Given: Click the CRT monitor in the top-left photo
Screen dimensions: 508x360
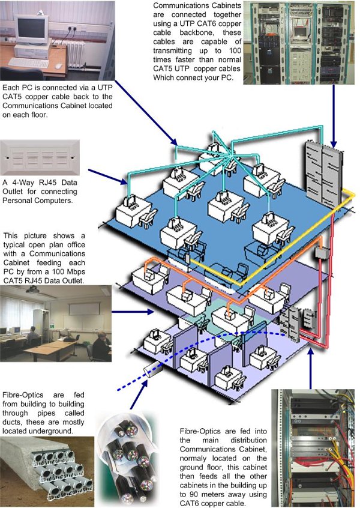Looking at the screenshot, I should click(x=31, y=29).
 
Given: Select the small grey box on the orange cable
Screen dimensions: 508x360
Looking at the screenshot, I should click(x=320, y=253).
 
